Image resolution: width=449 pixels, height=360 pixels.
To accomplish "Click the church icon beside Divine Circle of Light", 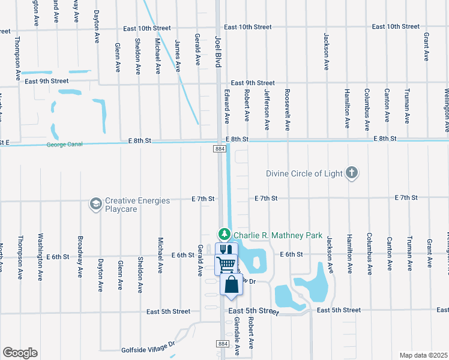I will point(352,174).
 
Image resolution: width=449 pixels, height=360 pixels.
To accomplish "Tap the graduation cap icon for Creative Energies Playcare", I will point(95,205).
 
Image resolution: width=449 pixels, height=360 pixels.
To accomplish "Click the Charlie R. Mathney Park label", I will point(278,235).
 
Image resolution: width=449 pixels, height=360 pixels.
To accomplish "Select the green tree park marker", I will point(224,233).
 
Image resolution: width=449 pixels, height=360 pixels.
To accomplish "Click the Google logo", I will point(20,353).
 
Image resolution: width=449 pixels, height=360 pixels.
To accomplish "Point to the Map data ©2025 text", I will point(423,355).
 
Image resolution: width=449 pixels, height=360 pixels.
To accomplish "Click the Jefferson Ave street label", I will point(267,110).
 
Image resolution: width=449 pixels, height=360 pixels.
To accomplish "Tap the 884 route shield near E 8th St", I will point(222,148).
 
